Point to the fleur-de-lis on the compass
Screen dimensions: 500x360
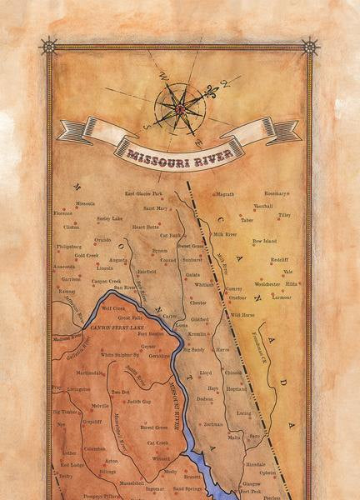click(x=223, y=85)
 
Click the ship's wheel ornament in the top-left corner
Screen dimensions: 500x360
click(x=48, y=45)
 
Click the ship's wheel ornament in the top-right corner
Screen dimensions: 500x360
click(x=310, y=45)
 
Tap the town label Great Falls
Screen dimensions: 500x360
click(x=130, y=317)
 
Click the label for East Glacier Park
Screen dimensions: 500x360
click(x=144, y=193)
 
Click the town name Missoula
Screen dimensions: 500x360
click(x=85, y=203)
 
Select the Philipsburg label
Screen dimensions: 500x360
click(x=71, y=247)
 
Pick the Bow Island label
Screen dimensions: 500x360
click(x=264, y=241)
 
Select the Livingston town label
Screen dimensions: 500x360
click(x=78, y=389)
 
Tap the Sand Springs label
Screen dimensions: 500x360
click(x=188, y=488)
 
